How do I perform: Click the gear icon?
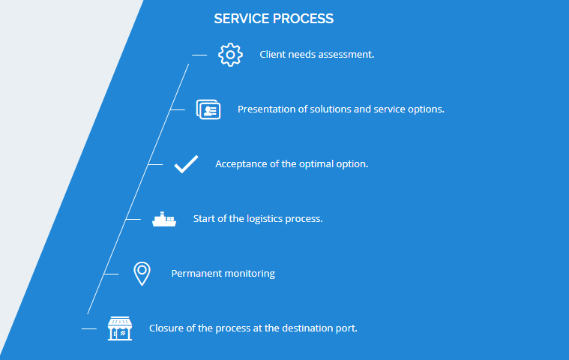230,54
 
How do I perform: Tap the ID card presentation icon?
208,109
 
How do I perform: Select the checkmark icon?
186,163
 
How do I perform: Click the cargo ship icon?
164,219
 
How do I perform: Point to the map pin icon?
142,274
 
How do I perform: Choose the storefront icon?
120,328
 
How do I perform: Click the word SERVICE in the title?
239,19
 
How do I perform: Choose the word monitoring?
250,274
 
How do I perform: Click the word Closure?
166,328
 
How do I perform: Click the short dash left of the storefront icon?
89,328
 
